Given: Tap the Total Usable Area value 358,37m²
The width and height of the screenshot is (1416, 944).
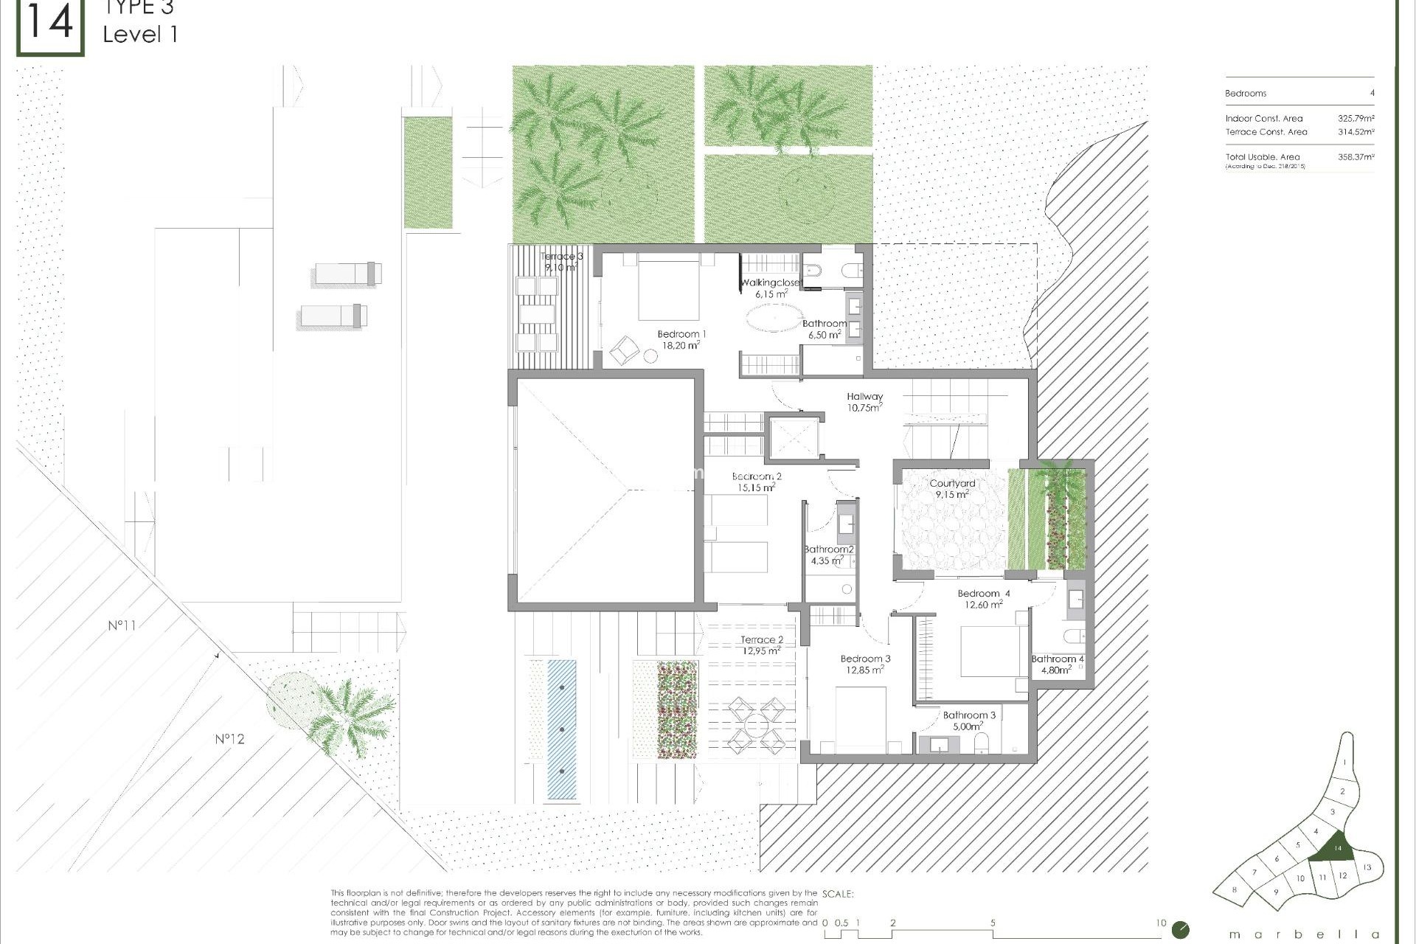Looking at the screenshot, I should [x=1356, y=157].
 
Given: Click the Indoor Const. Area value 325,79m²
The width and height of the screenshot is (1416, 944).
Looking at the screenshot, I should [x=1356, y=119].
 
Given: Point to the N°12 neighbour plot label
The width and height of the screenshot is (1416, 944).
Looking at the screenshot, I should [x=229, y=739].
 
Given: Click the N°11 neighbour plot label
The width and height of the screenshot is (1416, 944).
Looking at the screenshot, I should [x=122, y=625].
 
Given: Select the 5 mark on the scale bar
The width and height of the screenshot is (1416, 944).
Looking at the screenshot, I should [x=993, y=923].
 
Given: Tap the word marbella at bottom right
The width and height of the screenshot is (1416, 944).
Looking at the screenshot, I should [x=1303, y=934].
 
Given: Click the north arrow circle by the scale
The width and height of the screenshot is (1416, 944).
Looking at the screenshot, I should [x=1181, y=929].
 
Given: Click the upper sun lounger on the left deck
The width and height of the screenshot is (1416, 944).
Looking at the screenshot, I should [x=348, y=274].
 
